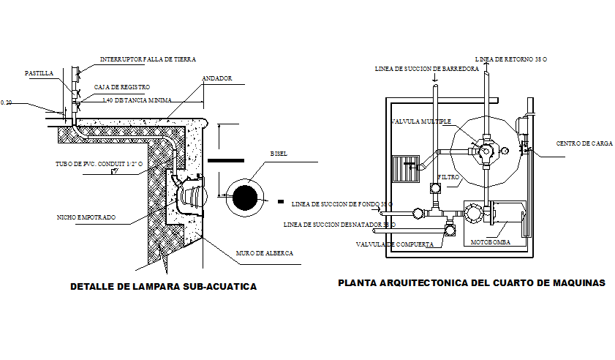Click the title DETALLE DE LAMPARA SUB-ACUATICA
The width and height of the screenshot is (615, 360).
point(162,287)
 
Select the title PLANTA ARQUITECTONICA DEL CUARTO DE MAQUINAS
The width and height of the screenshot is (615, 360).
point(471,282)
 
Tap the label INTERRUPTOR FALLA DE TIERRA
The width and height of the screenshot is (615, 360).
point(148,59)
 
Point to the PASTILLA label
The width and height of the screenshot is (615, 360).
point(39,74)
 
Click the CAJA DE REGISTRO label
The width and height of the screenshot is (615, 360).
point(121,87)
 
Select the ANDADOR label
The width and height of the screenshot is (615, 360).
point(216,78)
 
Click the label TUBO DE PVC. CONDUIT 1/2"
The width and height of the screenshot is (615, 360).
point(99,164)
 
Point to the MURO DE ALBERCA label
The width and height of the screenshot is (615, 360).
point(264,253)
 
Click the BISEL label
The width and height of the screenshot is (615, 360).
point(279,154)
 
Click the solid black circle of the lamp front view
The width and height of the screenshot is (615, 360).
point(244,197)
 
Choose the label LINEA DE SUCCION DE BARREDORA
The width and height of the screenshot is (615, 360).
point(426,69)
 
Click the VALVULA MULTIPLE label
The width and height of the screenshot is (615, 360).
point(421,121)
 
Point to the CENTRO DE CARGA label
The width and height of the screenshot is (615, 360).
point(584,143)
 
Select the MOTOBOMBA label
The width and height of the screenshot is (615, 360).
point(490,241)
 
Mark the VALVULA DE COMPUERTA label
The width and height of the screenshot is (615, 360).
point(395,244)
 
